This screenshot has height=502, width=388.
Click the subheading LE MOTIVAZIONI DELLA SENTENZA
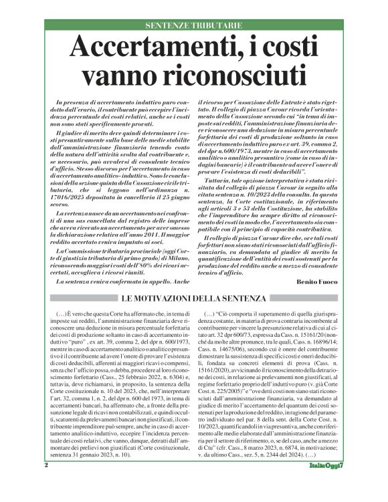(193, 298)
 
